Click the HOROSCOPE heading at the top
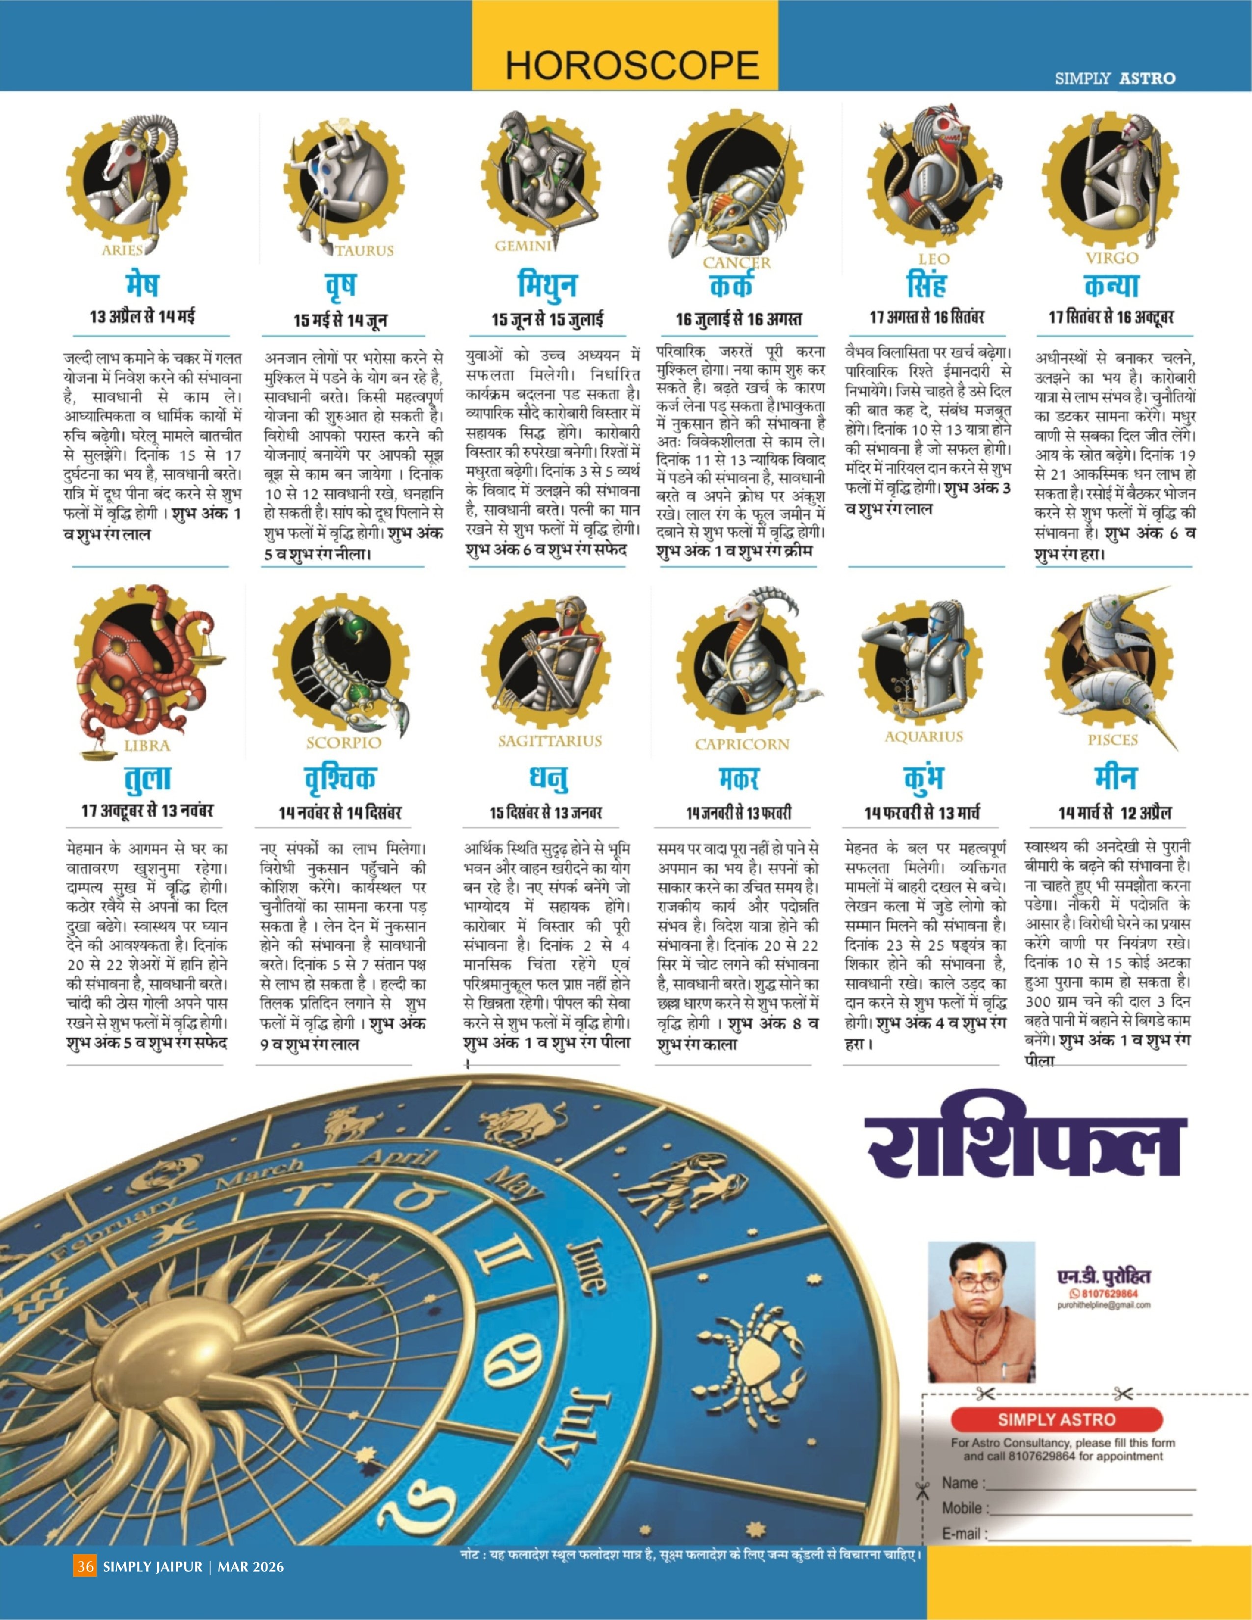(x=632, y=66)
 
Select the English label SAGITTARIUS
(x=549, y=741)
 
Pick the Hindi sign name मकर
(x=739, y=779)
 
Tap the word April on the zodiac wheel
(x=398, y=1159)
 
